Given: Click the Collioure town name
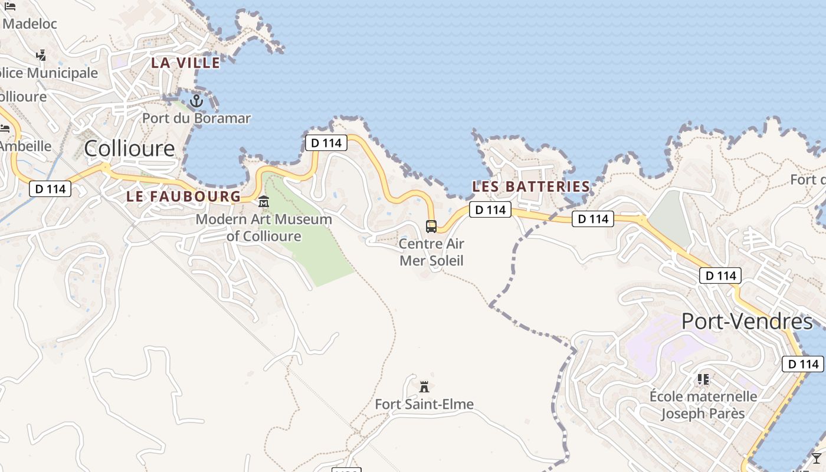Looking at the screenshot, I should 129,148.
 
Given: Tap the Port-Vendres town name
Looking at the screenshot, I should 747,322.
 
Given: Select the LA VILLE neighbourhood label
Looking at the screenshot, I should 185,63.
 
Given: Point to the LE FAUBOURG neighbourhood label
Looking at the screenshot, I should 183,196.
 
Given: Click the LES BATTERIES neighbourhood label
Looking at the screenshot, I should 531,186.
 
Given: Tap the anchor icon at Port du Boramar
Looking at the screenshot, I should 196,101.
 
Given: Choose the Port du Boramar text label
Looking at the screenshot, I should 196,118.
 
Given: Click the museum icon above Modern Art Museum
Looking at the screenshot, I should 264,202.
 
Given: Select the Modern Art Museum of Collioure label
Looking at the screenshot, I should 264,228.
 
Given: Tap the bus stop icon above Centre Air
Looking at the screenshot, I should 431,226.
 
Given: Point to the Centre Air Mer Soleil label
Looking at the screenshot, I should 431,252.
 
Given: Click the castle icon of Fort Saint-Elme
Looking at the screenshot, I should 424,387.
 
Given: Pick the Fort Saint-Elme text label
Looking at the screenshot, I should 424,404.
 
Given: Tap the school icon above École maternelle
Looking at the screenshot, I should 703,379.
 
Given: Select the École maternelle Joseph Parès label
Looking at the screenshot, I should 703,405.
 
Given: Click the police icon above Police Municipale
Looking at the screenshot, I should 41,55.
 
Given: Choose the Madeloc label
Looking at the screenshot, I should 29,24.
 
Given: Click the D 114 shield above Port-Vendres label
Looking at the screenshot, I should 720,275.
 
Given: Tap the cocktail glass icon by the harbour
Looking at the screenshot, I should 817,458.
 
